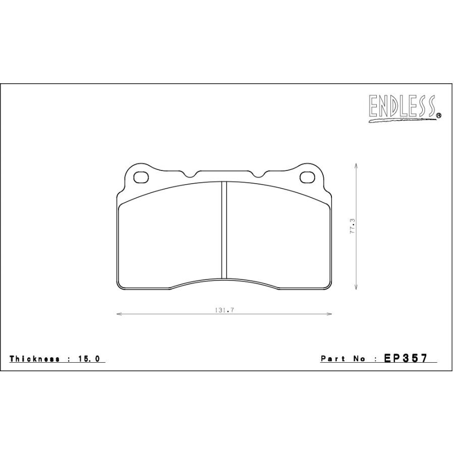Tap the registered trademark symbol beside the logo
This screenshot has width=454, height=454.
click(438, 116)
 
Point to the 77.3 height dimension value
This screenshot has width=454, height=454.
click(353, 226)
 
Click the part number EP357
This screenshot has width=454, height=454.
click(406, 358)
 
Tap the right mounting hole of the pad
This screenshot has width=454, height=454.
click(307, 177)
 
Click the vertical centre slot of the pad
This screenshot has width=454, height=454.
click(224, 230)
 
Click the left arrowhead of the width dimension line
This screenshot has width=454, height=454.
click(119, 314)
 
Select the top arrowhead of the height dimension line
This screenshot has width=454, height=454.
click(357, 165)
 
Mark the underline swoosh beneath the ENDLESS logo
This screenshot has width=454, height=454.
click(401, 120)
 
